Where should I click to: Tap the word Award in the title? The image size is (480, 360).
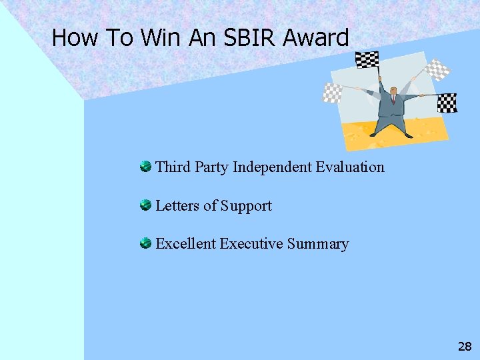315,37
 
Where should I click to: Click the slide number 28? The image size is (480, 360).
465,346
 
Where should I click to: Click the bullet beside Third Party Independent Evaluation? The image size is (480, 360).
145,166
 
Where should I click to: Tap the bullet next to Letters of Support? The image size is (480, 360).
145,205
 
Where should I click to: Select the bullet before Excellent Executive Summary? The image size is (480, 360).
145,243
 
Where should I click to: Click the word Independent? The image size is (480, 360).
273,167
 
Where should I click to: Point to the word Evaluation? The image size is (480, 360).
350,167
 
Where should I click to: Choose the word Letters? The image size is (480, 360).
177,205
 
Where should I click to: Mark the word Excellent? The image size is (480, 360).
185,243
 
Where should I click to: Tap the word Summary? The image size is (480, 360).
318,244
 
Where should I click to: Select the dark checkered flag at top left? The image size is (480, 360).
367,60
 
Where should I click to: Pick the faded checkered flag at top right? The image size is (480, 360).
437,69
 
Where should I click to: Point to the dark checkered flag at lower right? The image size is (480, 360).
447,103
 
